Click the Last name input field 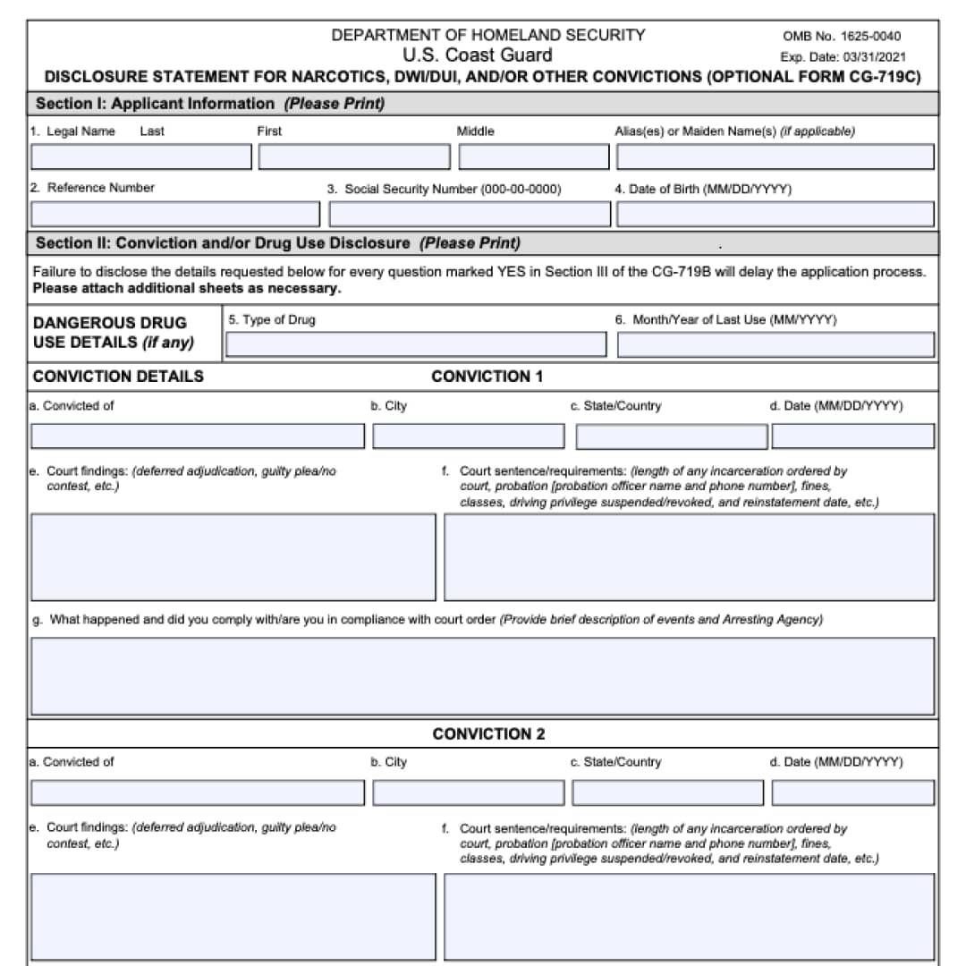tap(141, 157)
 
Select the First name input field tap(354, 157)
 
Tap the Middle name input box tap(534, 157)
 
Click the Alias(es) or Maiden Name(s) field tap(775, 157)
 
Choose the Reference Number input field tap(175, 215)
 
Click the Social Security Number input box tap(470, 215)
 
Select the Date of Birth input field tap(775, 215)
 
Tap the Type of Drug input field tap(416, 344)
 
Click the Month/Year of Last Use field tap(775, 344)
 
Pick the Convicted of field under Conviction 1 tap(198, 436)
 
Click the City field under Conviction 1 tap(469, 436)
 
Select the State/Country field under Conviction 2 tap(668, 793)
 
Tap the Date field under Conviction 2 tap(852, 793)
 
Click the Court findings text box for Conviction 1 tap(233, 557)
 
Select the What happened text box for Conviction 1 tap(483, 676)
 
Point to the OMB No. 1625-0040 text tap(842, 37)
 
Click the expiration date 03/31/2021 tap(869, 56)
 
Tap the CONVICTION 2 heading tap(488, 734)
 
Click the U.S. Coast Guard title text tap(477, 55)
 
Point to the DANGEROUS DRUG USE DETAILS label tap(113, 332)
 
